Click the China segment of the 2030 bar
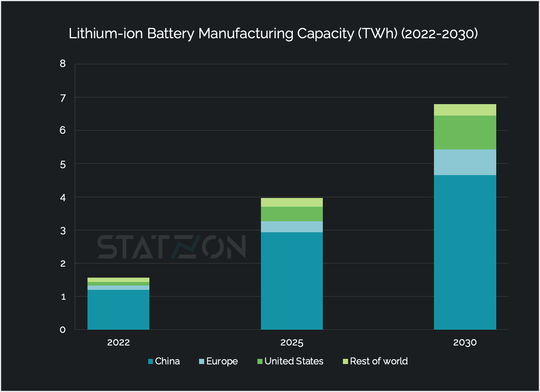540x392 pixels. (x=465, y=252)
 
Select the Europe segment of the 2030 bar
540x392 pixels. (x=465, y=162)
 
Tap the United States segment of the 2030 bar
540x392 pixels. (x=465, y=133)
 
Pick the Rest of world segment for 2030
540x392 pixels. (x=465, y=110)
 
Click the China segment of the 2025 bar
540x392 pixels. (x=292, y=281)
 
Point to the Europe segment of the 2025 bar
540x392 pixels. (x=292, y=227)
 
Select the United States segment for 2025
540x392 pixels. (x=292, y=214)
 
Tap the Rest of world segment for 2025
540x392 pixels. (x=292, y=202)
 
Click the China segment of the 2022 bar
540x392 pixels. (x=118, y=310)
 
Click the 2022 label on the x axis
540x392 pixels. (x=118, y=342)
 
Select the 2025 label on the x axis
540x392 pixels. (x=292, y=342)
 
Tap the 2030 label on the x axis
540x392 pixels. (x=465, y=342)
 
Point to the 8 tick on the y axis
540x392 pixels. (x=63, y=63)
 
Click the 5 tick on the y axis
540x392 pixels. (x=63, y=164)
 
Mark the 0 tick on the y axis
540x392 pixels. (x=63, y=330)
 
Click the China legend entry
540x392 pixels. (x=164, y=361)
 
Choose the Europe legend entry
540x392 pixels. (x=218, y=361)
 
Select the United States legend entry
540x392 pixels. (x=290, y=361)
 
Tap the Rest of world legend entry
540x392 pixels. (x=375, y=361)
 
